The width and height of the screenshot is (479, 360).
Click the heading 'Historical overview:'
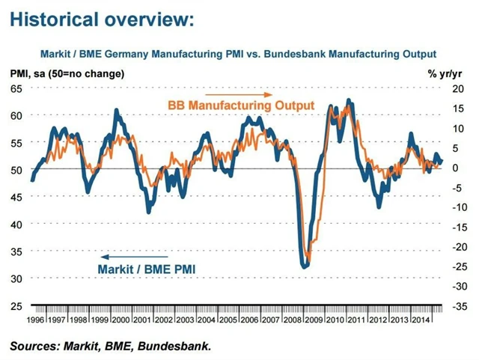102,19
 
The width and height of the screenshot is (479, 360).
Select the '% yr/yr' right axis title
446,73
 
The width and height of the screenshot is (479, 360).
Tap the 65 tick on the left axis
16,88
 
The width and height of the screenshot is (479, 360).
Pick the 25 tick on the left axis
16,305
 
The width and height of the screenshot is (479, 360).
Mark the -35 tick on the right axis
454,305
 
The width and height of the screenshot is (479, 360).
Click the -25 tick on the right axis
454,266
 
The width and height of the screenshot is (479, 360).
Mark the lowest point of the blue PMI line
302,266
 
